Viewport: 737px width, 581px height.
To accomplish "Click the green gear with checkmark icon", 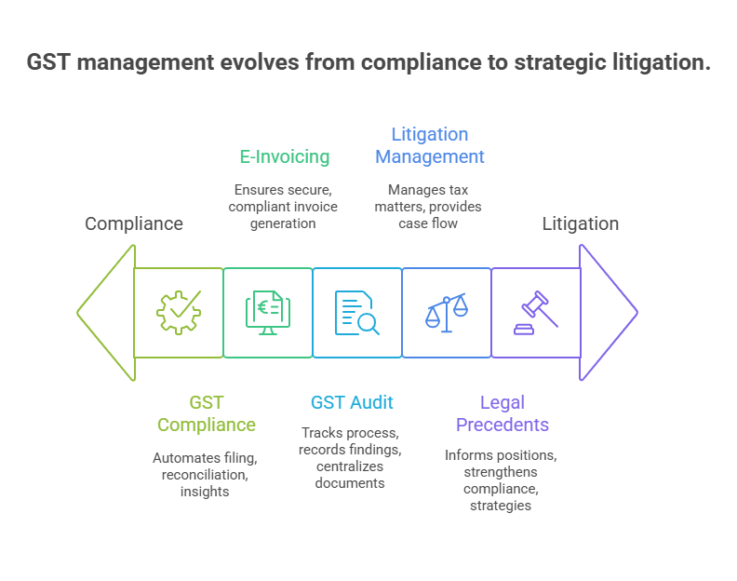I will tap(179, 313).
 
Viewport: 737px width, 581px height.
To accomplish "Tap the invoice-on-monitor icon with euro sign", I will tap(268, 313).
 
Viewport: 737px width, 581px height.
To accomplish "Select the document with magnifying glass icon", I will tap(357, 313).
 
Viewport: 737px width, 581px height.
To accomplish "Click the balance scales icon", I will tap(447, 312).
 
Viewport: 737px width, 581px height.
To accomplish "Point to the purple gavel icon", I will tap(536, 312).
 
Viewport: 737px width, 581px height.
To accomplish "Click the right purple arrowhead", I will tap(609, 313).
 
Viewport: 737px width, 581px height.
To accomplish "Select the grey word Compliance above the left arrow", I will tap(134, 223).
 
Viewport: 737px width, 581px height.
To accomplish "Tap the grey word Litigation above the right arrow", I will tap(581, 223).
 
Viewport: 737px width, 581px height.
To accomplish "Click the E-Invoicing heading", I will tap(286, 156).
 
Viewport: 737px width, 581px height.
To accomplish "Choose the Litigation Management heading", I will tap(429, 145).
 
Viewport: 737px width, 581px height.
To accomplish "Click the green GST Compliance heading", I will tap(206, 413).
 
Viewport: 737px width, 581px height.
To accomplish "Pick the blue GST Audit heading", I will tap(352, 402).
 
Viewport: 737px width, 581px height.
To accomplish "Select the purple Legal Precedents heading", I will tap(502, 413).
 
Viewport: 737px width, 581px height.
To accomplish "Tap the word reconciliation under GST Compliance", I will tap(205, 474).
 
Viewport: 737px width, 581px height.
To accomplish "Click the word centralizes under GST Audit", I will tap(350, 466).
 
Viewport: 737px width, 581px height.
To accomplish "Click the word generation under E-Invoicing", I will tap(283, 223).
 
